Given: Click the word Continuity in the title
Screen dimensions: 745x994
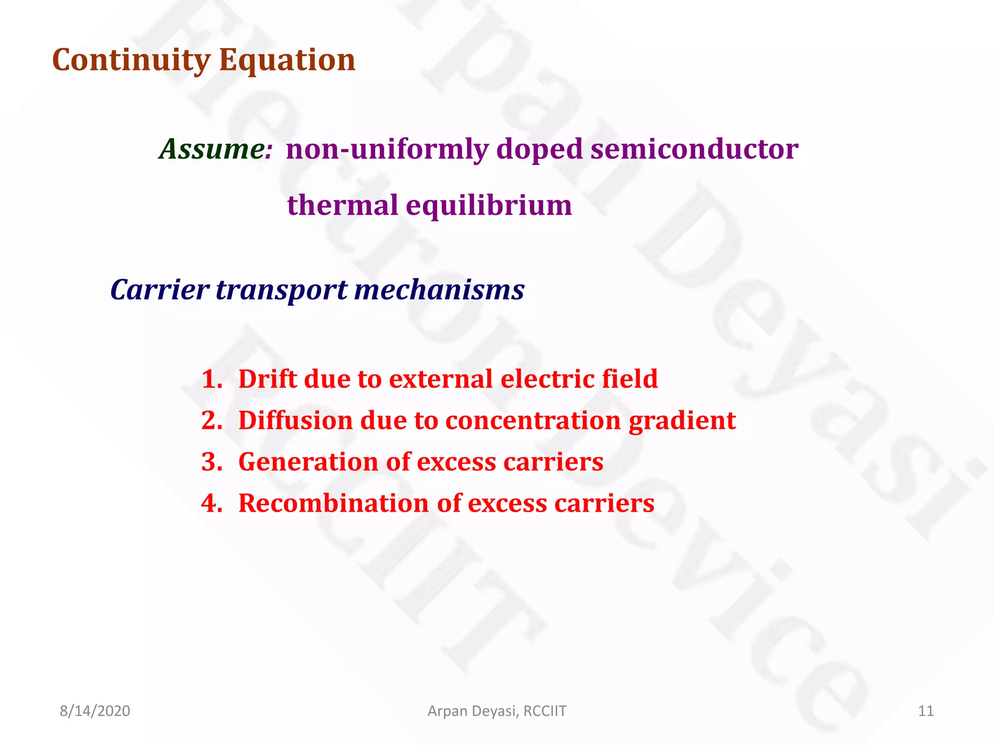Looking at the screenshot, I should pos(131,60).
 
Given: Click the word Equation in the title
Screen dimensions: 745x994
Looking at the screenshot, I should pos(287,60).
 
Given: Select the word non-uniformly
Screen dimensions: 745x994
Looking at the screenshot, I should pos(387,149).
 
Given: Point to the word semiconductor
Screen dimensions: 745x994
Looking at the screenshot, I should pos(694,149).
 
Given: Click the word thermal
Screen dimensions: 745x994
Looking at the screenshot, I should pos(342,205).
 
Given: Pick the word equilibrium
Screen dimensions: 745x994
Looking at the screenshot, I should pos(489,205).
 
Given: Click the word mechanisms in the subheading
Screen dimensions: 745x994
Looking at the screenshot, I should pos(439,290).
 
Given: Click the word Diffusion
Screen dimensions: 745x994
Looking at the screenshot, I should pos(295,421).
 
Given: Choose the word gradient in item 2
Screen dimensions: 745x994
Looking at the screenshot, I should pos(682,421).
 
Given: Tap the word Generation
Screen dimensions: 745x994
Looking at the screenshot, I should pos(308,462).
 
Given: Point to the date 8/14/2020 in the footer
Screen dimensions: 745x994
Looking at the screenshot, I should pos(95,711).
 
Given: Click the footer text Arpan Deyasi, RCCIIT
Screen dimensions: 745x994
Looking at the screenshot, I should pos(497,711).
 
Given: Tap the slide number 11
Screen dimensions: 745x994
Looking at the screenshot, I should pos(926,711).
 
